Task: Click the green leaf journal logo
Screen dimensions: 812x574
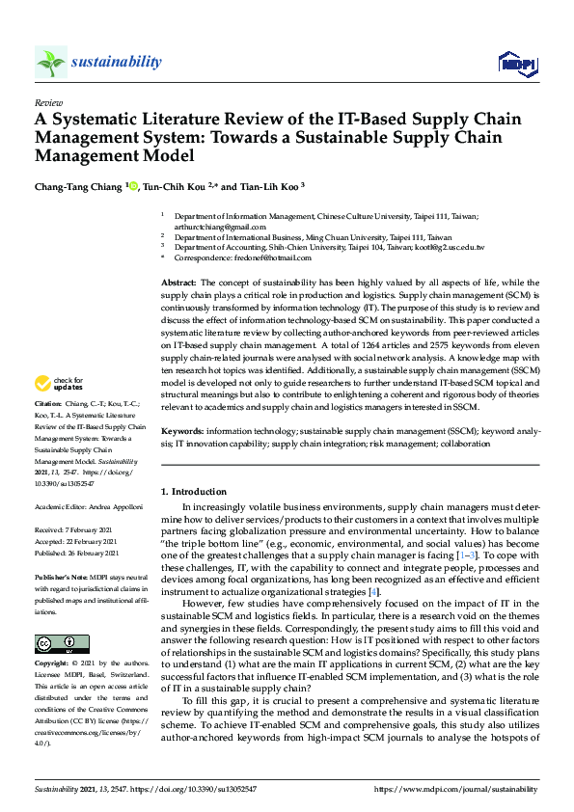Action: click(x=51, y=63)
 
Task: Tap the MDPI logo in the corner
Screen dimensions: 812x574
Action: click(x=517, y=64)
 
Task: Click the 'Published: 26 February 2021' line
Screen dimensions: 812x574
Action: click(x=79, y=553)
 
